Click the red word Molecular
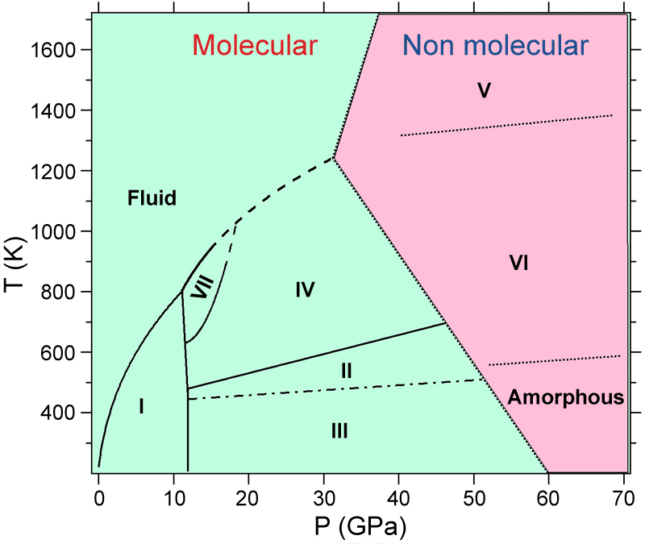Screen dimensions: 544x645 (256, 46)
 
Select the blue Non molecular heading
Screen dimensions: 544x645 (495, 46)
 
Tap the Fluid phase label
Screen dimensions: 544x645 (152, 197)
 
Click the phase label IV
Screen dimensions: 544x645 (304, 289)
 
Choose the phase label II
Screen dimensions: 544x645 (345, 371)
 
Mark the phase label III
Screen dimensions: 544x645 (339, 431)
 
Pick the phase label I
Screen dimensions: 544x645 (141, 407)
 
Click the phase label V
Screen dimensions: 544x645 (484, 90)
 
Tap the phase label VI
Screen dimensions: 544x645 (518, 262)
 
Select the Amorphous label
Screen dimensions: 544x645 (566, 397)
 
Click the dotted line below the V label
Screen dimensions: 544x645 (506, 125)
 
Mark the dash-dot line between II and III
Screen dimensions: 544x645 (339, 389)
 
